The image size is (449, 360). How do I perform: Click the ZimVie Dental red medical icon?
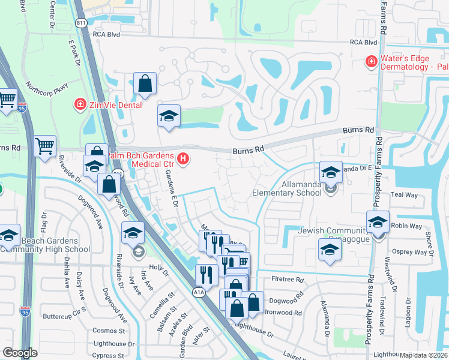coord(79,105)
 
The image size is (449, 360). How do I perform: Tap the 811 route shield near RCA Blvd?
coord(81,23)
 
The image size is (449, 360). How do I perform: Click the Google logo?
coord(19,352)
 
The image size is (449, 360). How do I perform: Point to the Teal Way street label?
coord(403,194)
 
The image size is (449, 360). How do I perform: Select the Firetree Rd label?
coord(288,280)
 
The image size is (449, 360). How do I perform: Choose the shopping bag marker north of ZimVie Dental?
coord(145,85)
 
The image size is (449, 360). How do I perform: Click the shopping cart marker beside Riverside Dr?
coord(45,146)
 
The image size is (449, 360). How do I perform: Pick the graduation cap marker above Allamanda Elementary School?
coord(330,173)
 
